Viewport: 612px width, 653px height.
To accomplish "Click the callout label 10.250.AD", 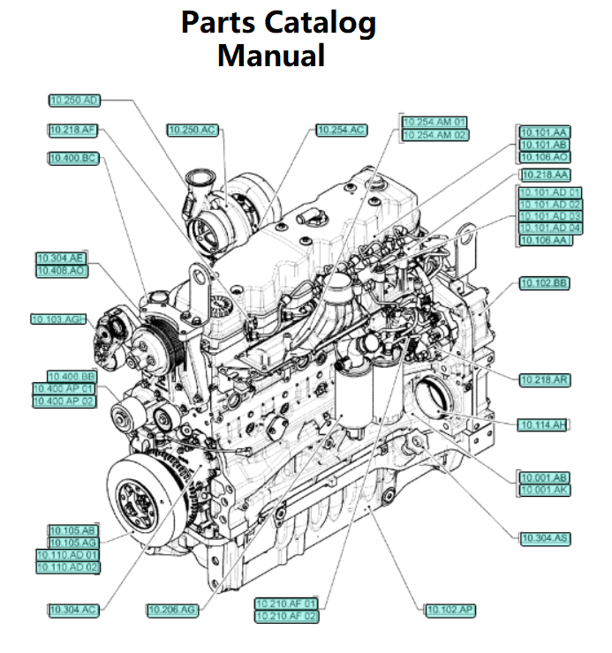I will [x=75, y=101].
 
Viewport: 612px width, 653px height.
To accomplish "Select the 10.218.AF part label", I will [x=72, y=130].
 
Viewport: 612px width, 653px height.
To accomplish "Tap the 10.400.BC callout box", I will [x=72, y=158].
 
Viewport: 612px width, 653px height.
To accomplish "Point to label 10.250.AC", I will [x=193, y=130].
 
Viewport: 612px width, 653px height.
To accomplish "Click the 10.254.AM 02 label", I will [x=435, y=134].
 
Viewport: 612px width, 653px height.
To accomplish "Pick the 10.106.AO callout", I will [x=544, y=156].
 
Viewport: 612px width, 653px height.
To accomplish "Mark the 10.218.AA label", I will [x=544, y=175].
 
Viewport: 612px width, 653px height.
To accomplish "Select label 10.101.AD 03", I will [x=550, y=216].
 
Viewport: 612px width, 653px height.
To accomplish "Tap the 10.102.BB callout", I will [x=545, y=283].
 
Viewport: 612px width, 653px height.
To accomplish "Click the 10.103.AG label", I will [x=57, y=319].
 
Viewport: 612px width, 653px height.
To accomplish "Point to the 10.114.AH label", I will [x=541, y=424].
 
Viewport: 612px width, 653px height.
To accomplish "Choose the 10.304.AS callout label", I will [x=545, y=537].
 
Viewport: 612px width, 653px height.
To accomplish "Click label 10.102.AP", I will [x=450, y=610].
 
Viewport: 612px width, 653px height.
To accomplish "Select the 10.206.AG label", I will [x=172, y=610].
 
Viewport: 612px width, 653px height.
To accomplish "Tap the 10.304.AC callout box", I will [x=73, y=610].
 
